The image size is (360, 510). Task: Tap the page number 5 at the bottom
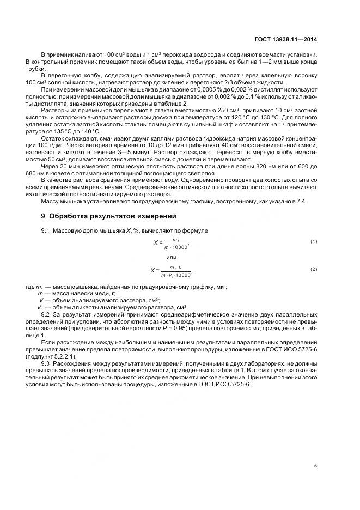pyautogui.click(x=315, y=466)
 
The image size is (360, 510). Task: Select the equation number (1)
pyautogui.click(x=313, y=241)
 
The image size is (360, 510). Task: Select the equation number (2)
pyautogui.click(x=313, y=269)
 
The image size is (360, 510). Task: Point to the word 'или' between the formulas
pyautogui.click(x=171, y=257)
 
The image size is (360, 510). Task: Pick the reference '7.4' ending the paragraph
pyautogui.click(x=301, y=202)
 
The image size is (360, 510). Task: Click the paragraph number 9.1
pyautogui.click(x=46, y=230)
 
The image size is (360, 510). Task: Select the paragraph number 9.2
pyautogui.click(x=46, y=315)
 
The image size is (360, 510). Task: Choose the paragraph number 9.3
pyautogui.click(x=46, y=362)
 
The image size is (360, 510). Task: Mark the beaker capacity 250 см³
pyautogui.click(x=207, y=110)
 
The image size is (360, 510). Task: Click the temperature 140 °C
pyautogui.click(x=90, y=131)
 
